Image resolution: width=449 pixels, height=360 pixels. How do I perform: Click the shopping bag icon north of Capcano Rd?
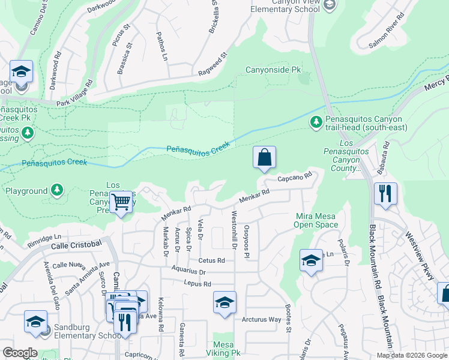click(264, 158)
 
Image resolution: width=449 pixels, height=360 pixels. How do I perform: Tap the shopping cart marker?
click(121, 203)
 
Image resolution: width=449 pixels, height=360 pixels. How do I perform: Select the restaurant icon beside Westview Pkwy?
click(385, 194)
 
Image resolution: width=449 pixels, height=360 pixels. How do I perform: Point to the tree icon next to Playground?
click(56, 191)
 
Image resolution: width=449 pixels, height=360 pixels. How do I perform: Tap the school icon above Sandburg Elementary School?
click(35, 322)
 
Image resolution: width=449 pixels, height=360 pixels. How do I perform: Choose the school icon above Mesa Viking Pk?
click(224, 303)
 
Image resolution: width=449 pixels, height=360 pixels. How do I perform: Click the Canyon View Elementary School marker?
click(329, 5)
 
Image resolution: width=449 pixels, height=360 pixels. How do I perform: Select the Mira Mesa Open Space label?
click(316, 220)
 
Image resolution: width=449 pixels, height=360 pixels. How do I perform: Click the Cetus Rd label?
click(211, 260)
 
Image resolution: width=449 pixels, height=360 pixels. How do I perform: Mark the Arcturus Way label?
click(261, 319)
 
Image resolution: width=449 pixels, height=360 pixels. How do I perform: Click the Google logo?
click(20, 353)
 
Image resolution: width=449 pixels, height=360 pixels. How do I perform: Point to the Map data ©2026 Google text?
click(411, 355)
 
